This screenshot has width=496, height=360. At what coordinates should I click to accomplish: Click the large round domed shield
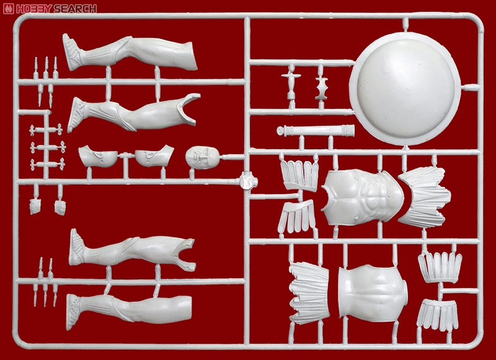405,89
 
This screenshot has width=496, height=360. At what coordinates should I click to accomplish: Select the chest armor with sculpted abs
363,197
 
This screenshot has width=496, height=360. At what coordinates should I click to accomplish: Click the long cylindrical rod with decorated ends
316,130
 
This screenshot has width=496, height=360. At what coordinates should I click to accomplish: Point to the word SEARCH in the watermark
75,9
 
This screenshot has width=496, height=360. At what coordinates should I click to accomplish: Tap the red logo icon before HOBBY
8,9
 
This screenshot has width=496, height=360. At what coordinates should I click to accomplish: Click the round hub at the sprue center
248,182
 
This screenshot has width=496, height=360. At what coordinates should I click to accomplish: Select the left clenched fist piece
35,206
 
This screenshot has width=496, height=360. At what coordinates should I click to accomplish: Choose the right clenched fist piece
60,208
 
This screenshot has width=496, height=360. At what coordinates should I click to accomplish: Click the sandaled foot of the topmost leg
72,52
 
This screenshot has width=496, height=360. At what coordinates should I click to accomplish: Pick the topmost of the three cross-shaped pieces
46,130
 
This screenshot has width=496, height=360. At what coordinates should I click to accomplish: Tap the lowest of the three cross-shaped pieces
48,164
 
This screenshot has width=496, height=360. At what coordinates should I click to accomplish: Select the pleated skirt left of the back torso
309,293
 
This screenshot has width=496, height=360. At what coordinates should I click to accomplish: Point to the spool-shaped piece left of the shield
321,88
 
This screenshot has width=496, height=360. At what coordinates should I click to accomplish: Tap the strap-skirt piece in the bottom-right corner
438,315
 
